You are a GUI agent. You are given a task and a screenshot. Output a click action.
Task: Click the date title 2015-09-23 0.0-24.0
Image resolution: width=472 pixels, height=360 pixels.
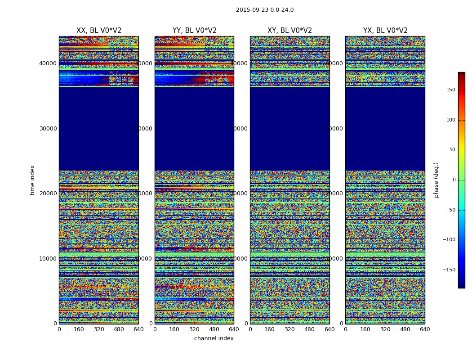click(x=265, y=10)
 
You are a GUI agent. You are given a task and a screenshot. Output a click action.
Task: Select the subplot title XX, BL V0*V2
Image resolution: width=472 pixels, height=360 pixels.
click(x=99, y=31)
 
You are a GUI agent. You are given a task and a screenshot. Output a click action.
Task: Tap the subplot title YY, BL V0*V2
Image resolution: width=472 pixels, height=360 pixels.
click(x=194, y=31)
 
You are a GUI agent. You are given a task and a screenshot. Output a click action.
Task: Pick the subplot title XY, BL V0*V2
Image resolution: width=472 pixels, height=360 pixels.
click(x=289, y=31)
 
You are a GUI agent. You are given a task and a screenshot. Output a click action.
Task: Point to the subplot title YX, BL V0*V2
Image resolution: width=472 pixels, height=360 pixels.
click(x=385, y=31)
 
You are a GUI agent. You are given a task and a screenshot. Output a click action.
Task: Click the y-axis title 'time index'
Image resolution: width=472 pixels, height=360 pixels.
click(x=32, y=180)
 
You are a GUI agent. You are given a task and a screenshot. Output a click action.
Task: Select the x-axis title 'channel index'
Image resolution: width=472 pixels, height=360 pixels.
click(x=214, y=338)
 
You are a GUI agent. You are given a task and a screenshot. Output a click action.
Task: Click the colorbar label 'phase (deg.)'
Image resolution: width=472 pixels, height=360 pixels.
click(x=436, y=180)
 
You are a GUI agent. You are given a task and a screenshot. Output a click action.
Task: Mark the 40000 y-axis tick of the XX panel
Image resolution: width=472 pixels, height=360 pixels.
click(x=48, y=63)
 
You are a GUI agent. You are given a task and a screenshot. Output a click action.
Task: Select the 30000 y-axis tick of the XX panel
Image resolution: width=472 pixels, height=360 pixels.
click(x=48, y=128)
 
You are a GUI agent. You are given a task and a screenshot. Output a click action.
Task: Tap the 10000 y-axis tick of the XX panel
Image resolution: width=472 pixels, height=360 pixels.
click(x=48, y=258)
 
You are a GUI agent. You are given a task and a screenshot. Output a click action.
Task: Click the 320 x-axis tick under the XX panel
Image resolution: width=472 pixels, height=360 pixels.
click(x=99, y=329)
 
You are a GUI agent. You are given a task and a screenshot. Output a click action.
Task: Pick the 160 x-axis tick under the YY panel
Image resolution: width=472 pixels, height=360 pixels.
click(x=174, y=329)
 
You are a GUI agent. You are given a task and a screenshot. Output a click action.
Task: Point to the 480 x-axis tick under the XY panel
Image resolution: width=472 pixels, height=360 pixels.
click(x=309, y=329)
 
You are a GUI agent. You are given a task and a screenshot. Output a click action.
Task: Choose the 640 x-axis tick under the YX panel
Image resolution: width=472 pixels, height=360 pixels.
click(x=425, y=329)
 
